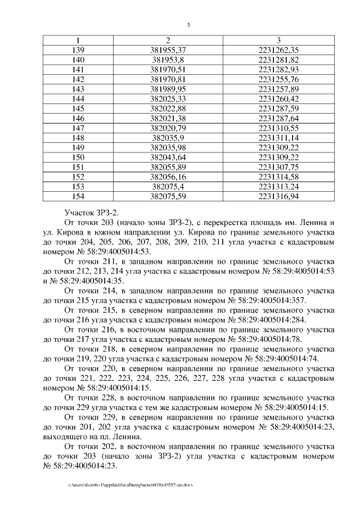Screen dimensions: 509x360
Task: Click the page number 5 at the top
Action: [188, 25]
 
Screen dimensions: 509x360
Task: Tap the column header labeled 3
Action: [278, 40]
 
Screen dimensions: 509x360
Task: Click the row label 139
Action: [79, 50]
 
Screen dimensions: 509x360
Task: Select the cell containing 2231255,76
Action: [278, 79]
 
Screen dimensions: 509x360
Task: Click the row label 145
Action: [79, 109]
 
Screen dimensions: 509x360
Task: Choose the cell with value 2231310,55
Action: [278, 128]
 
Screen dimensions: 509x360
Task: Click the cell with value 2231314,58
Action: [278, 177]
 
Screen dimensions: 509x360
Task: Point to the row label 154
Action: [79, 196]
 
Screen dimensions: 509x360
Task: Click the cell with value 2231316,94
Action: [278, 196]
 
